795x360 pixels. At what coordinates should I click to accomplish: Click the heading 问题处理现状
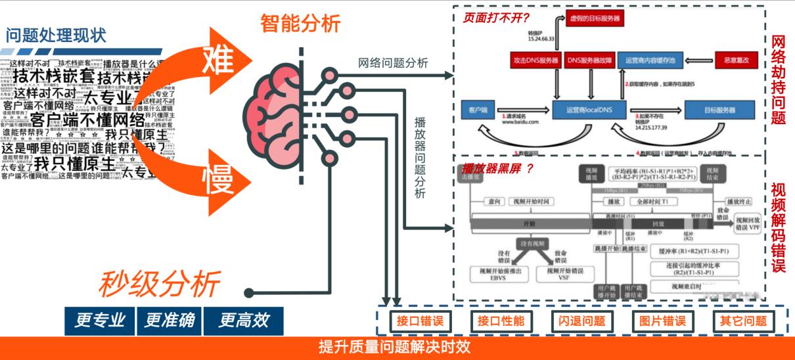click(x=56, y=35)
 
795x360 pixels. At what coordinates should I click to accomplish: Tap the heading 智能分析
click(x=300, y=24)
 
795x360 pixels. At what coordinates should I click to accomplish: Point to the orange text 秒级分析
click(x=160, y=284)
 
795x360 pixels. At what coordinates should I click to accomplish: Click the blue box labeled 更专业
click(x=100, y=320)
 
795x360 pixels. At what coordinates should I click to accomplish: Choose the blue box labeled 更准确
click(x=169, y=320)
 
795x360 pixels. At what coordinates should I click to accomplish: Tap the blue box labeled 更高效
click(x=243, y=320)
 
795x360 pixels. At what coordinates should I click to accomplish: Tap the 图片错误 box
click(x=662, y=321)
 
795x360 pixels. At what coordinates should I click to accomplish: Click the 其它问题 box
click(x=742, y=321)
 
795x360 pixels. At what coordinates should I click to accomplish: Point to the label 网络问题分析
click(x=393, y=63)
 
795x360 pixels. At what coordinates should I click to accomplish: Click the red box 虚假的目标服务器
click(x=594, y=19)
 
